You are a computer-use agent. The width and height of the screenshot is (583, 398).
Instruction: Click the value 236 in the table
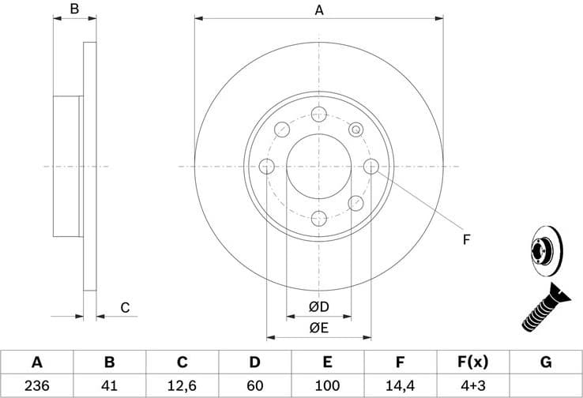coord(36,386)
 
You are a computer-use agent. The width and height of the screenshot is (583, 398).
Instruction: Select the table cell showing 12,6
coord(182,386)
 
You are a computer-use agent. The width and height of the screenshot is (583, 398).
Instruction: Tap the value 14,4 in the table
coord(400,386)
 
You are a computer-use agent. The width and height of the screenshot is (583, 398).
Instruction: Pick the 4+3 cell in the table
coord(473,386)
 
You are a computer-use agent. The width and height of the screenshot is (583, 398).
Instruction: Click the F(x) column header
coord(473,362)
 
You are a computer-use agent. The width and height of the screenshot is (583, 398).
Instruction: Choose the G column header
coord(546,362)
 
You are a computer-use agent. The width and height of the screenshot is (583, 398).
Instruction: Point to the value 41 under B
coord(109,386)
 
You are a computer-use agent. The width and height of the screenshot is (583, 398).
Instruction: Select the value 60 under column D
coord(254,386)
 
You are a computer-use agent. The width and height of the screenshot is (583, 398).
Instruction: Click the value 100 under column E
coord(327,386)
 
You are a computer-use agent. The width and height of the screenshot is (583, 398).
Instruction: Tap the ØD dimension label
coord(319,306)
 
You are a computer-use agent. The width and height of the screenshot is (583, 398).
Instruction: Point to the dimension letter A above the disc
coord(319,10)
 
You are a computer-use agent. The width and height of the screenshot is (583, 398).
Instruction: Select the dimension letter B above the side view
coord(74,10)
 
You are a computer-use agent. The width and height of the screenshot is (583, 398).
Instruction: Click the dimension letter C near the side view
coord(125,307)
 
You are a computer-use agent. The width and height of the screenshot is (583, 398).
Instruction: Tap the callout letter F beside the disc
coord(466,238)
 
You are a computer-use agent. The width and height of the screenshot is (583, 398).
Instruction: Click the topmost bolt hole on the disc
coord(319,113)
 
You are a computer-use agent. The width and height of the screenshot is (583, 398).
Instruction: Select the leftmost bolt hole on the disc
coord(266,166)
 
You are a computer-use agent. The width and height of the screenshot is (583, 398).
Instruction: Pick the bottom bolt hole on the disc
coord(319,219)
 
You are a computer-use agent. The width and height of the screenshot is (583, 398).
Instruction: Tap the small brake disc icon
coord(544,247)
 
